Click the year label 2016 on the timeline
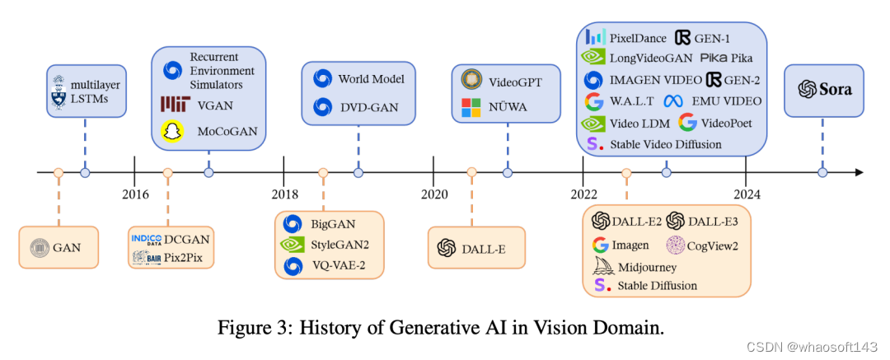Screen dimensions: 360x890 (135, 194)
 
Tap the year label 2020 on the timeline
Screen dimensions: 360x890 (433, 194)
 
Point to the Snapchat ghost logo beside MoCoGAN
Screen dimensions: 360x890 (172, 132)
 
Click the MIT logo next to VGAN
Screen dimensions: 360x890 (176, 104)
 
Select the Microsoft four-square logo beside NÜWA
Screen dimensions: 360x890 (471, 107)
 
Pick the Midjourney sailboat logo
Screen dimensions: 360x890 (602, 266)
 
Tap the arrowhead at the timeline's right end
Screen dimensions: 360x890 (859, 172)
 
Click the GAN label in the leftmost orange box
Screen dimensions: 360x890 (69, 246)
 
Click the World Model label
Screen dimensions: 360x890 (371, 80)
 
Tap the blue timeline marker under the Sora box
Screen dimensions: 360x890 (822, 172)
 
